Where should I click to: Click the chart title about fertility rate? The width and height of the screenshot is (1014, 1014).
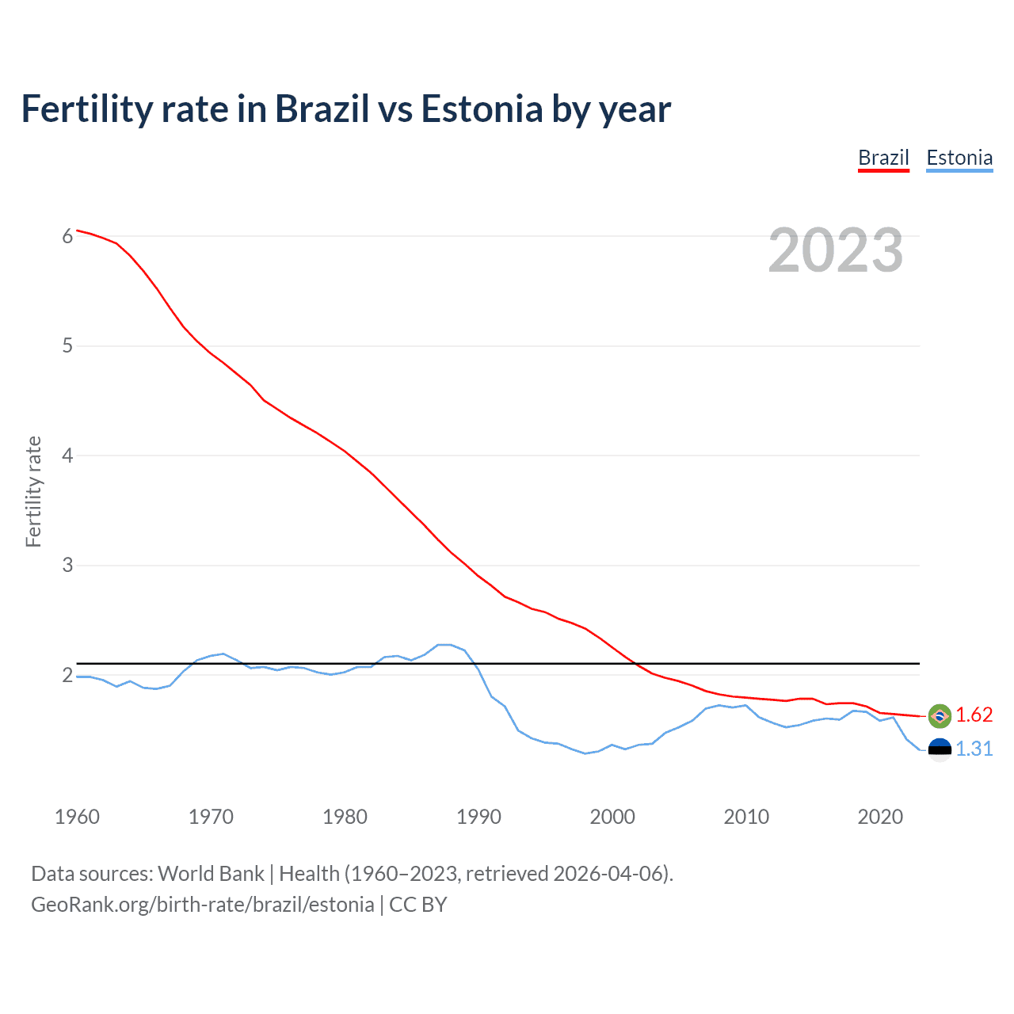pyautogui.click(x=346, y=109)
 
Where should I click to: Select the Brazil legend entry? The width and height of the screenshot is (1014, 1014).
pyautogui.click(x=883, y=158)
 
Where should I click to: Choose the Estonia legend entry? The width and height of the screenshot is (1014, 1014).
pyautogui.click(x=959, y=158)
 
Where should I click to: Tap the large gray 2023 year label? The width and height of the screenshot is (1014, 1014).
pyautogui.click(x=835, y=250)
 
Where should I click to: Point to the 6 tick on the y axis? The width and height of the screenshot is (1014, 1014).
pyautogui.click(x=67, y=236)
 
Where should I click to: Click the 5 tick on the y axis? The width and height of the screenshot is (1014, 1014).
pyautogui.click(x=67, y=346)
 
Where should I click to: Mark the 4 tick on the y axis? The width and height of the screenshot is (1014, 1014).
pyautogui.click(x=67, y=456)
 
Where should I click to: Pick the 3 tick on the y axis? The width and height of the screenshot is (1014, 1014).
pyautogui.click(x=67, y=566)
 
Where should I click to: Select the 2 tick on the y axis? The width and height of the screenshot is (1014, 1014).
pyautogui.click(x=67, y=675)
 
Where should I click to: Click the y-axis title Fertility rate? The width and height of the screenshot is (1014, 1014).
pyautogui.click(x=33, y=491)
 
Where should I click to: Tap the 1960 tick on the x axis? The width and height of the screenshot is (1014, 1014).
pyautogui.click(x=77, y=817)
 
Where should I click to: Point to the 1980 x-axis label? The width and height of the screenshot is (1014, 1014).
pyautogui.click(x=345, y=817)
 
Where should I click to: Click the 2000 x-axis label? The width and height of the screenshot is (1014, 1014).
pyautogui.click(x=612, y=817)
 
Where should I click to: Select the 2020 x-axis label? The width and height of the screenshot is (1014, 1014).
pyautogui.click(x=880, y=817)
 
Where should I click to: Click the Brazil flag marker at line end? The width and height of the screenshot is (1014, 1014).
pyautogui.click(x=940, y=715)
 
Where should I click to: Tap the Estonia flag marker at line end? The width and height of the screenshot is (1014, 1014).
pyautogui.click(x=940, y=749)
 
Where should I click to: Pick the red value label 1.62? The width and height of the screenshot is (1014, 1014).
pyautogui.click(x=974, y=715)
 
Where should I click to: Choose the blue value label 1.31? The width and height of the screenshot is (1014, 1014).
pyautogui.click(x=974, y=749)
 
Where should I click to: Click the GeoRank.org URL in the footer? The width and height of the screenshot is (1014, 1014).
pyautogui.click(x=203, y=905)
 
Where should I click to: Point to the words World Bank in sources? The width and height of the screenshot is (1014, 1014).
pyautogui.click(x=211, y=874)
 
